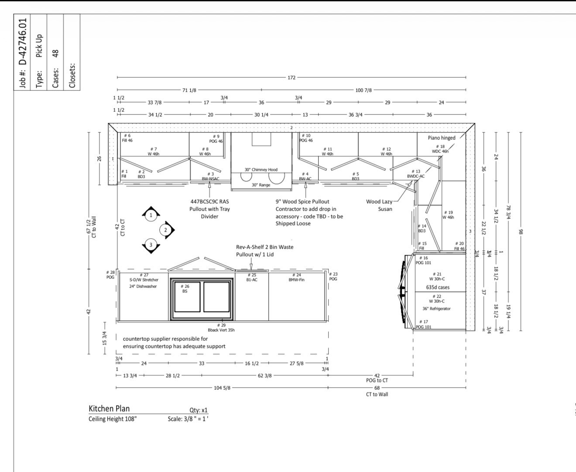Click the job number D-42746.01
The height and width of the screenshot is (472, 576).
coord(23,42)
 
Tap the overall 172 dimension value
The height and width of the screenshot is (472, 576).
coord(291,77)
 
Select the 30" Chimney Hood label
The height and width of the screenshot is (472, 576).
coord(261,170)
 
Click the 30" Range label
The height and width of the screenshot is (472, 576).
coord(261,185)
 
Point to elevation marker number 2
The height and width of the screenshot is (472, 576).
coord(165,230)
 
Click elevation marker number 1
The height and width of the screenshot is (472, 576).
coord(151,215)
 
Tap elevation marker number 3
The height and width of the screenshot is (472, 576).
coord(151,245)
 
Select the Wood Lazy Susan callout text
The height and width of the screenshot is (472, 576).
coord(379,205)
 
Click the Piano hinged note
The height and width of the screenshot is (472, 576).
coord(442,138)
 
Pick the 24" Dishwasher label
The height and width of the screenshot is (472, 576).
coord(143,287)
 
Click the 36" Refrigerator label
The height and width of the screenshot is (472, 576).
coord(436,309)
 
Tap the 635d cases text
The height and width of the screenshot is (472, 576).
coord(438,287)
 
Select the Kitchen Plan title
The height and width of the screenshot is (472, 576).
coord(109,409)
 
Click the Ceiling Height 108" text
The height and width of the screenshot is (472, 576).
coord(113,419)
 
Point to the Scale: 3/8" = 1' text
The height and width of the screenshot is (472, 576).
coord(188,419)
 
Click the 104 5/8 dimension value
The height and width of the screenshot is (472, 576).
coord(222,388)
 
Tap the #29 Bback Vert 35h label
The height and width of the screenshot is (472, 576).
coord(221,327)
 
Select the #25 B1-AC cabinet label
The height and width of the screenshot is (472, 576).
coord(252,278)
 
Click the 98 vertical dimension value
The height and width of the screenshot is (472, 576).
coord(521,232)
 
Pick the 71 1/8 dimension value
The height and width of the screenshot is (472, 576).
coord(189,90)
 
